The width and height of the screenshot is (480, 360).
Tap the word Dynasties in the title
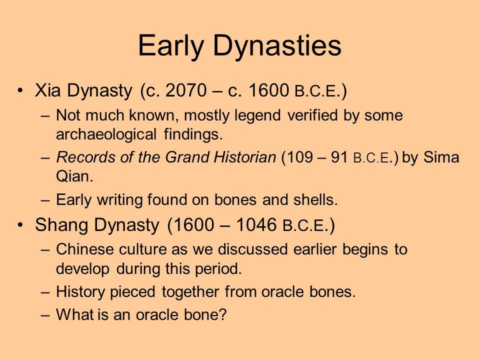point(277,45)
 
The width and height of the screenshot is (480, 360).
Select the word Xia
point(48,90)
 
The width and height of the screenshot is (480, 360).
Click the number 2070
point(186,90)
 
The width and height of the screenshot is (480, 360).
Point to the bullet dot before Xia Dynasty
point(20,90)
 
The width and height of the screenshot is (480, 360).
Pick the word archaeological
point(106,134)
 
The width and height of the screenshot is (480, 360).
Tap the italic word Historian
point(245,157)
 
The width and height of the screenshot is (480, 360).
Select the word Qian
point(74,176)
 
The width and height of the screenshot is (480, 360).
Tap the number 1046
point(256,224)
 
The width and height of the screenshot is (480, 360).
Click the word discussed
point(252,249)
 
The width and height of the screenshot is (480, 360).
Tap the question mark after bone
point(222,314)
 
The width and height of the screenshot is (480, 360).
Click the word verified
point(312,115)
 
